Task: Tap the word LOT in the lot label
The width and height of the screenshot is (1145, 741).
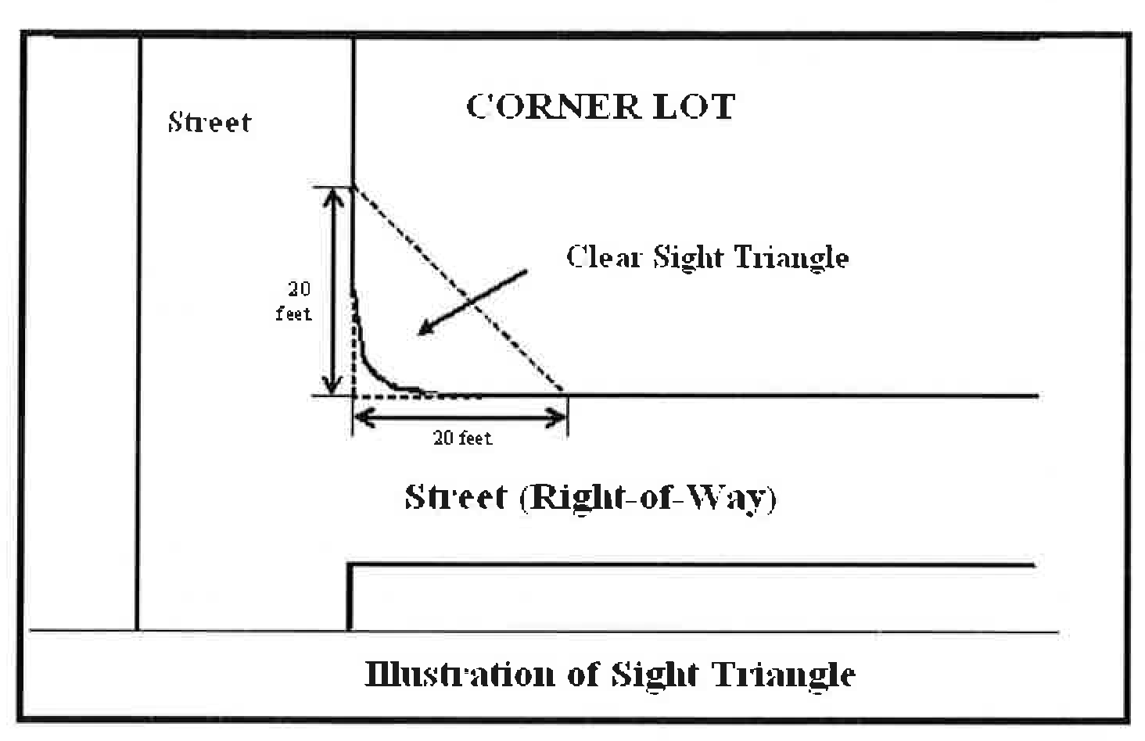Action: point(694,106)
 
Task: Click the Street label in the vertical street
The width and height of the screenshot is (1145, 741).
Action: point(210,122)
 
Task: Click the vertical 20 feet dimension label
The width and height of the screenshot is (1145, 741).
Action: point(294,301)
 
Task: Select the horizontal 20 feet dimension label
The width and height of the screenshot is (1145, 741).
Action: point(463,439)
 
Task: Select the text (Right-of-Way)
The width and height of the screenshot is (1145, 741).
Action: point(648,497)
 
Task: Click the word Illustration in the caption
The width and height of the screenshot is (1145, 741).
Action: point(459,674)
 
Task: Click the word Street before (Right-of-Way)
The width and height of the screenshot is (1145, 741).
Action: point(455,497)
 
